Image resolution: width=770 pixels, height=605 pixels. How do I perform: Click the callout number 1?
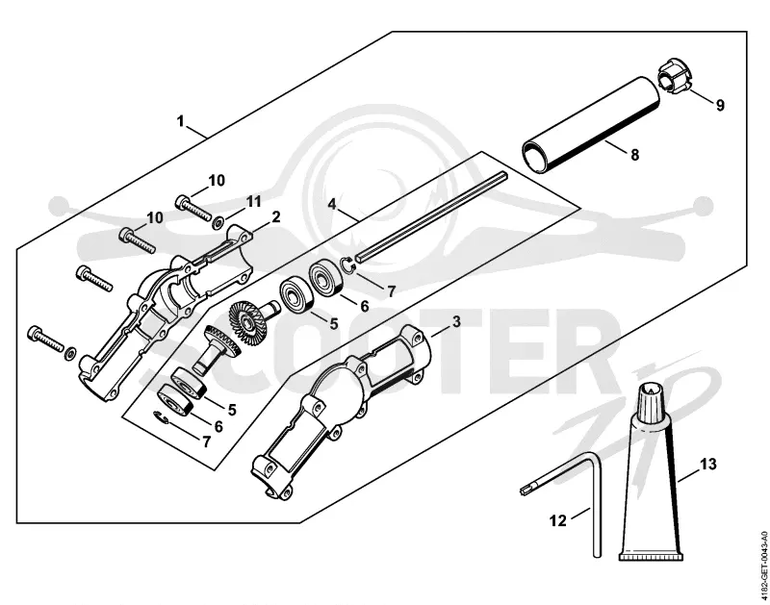point(181,120)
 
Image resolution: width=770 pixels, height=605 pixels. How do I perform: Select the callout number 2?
point(276,216)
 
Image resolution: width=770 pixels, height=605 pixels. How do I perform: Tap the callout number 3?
point(456,322)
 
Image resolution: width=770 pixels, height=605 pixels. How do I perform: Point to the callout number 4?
point(332,204)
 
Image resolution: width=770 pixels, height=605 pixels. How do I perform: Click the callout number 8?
point(634,155)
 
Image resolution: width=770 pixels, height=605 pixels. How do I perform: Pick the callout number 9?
point(720,106)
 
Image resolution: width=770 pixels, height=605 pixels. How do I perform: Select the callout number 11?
point(253,201)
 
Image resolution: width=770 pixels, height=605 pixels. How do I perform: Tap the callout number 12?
point(558,520)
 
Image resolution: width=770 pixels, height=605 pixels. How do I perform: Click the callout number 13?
point(708,464)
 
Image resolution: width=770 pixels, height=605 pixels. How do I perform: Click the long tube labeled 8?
point(591,124)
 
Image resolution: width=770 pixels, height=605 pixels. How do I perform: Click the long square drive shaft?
point(432,214)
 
